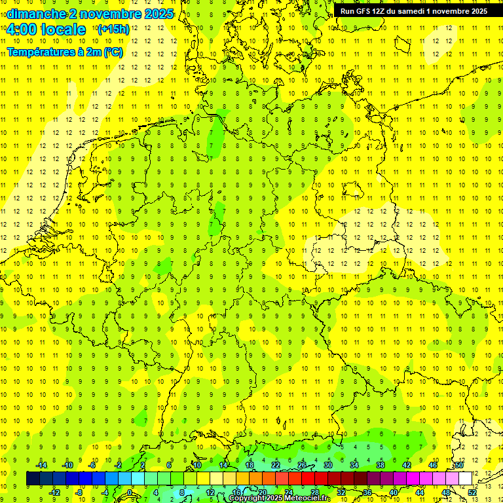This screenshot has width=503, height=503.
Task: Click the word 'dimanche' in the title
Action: pyautogui.click(x=35, y=14)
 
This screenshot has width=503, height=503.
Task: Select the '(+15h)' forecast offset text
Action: pyautogui.click(x=113, y=29)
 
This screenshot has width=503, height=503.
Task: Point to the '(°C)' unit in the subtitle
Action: pyautogui.click(x=112, y=52)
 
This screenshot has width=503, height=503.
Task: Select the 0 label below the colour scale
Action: pyautogui.click(x=130, y=493)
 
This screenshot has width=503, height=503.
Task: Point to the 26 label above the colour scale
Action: pyautogui.click(x=301, y=465)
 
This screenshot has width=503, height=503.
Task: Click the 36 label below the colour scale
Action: pyautogui.click(x=367, y=493)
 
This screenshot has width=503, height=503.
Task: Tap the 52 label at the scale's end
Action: pyautogui.click(x=472, y=493)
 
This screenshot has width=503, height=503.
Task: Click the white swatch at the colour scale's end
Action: pyautogui.click(x=465, y=478)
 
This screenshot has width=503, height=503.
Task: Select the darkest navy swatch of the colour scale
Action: pyautogui.click(x=33, y=478)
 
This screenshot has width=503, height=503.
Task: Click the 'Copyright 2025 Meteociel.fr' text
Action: pyautogui.click(x=280, y=498)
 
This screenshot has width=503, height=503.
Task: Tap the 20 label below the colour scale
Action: pyautogui.click(x=262, y=493)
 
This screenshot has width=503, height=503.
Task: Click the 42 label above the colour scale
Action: pyautogui.click(x=407, y=465)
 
